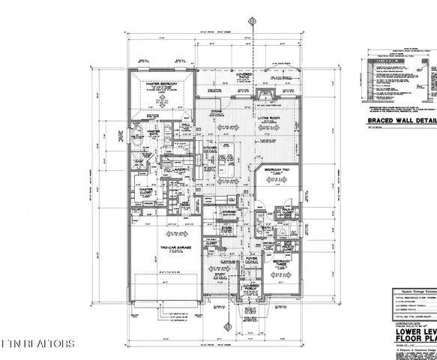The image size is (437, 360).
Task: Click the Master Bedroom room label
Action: pos(160,84)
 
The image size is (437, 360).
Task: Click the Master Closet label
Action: pos(144,190)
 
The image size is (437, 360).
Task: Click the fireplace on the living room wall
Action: pos(263,95)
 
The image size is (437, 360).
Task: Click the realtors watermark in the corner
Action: pos(37,344)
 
